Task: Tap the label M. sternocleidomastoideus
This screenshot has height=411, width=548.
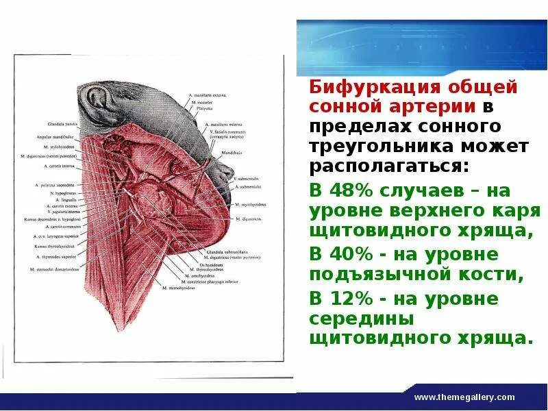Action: coord(55,269)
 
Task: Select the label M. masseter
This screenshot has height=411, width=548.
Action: coord(203,101)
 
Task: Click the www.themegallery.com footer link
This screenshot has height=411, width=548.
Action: coord(464,397)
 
